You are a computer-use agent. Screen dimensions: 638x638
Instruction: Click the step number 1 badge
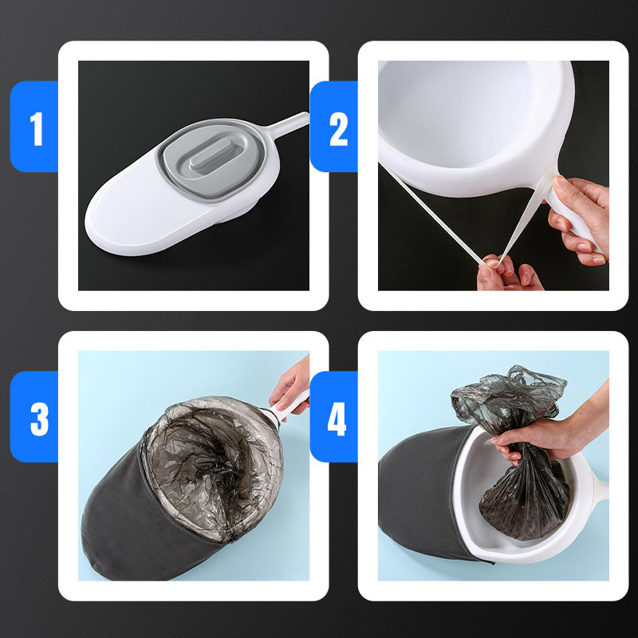tap(34, 127)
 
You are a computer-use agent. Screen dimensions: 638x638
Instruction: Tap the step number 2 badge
tap(334, 127)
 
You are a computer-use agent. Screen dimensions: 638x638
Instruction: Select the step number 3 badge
tap(34, 416)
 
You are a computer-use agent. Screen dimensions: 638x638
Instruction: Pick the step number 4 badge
tap(334, 416)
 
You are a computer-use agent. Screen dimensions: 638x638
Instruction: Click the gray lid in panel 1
tap(211, 160)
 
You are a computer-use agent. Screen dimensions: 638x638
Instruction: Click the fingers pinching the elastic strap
tap(509, 274)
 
